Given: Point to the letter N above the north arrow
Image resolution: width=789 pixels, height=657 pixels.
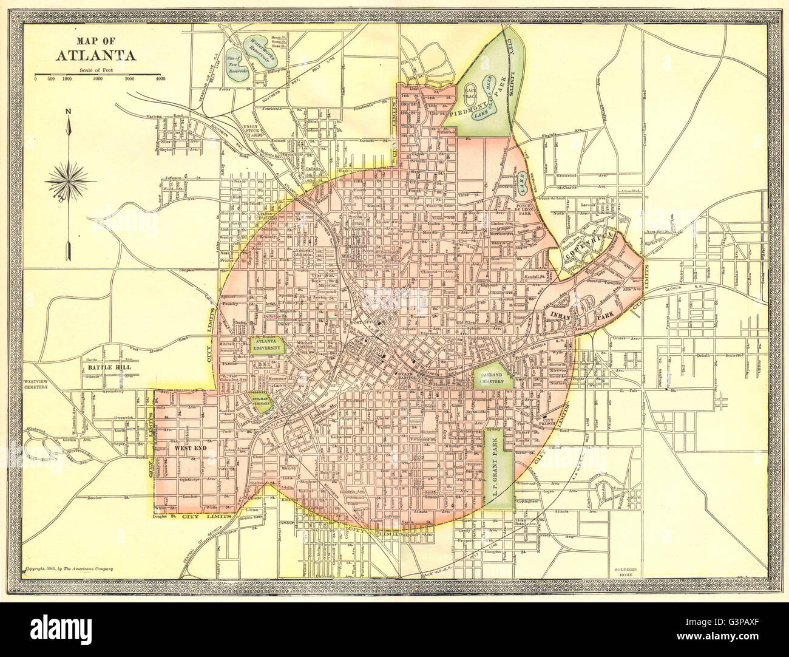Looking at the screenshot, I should [69, 111].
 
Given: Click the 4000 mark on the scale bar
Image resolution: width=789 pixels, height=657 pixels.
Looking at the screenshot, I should [160, 79].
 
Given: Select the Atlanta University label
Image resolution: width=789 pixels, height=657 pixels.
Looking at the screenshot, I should [268, 346].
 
